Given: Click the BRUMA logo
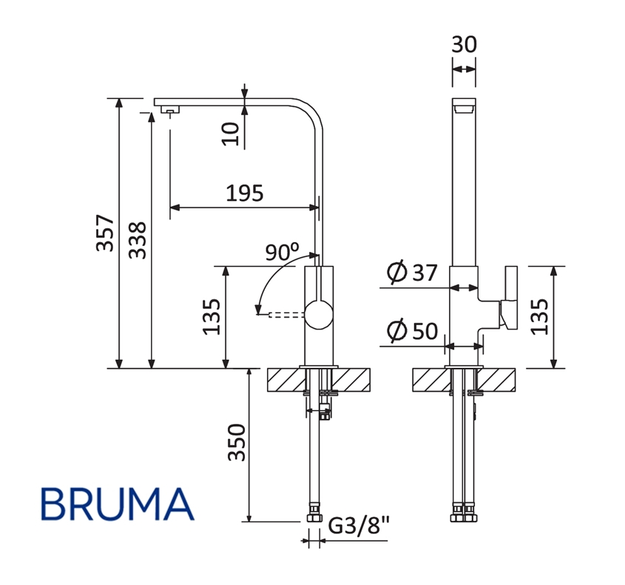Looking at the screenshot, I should coord(118,504).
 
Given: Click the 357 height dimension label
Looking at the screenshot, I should coord(107,233).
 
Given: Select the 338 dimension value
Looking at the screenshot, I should coord(138,240).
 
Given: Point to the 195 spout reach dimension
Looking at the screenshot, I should coord(244,194).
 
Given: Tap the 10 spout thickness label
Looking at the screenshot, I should coord(232,132).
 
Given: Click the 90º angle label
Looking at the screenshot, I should coord(282,253).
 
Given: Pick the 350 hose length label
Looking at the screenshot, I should coord(236,442).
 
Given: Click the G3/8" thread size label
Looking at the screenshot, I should coord(358,527).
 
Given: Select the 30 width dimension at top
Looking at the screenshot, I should coord(464,44).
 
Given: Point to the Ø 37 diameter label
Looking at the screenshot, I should coord(412,273).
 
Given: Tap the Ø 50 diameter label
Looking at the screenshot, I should coord(412,332).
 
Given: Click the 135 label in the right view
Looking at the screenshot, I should coord(541,317).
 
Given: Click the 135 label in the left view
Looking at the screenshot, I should coord(213,317).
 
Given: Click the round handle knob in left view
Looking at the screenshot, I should coord(320,315).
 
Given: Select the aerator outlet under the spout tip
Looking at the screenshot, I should coord(170,112).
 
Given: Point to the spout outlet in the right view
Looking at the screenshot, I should coord(464,109).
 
